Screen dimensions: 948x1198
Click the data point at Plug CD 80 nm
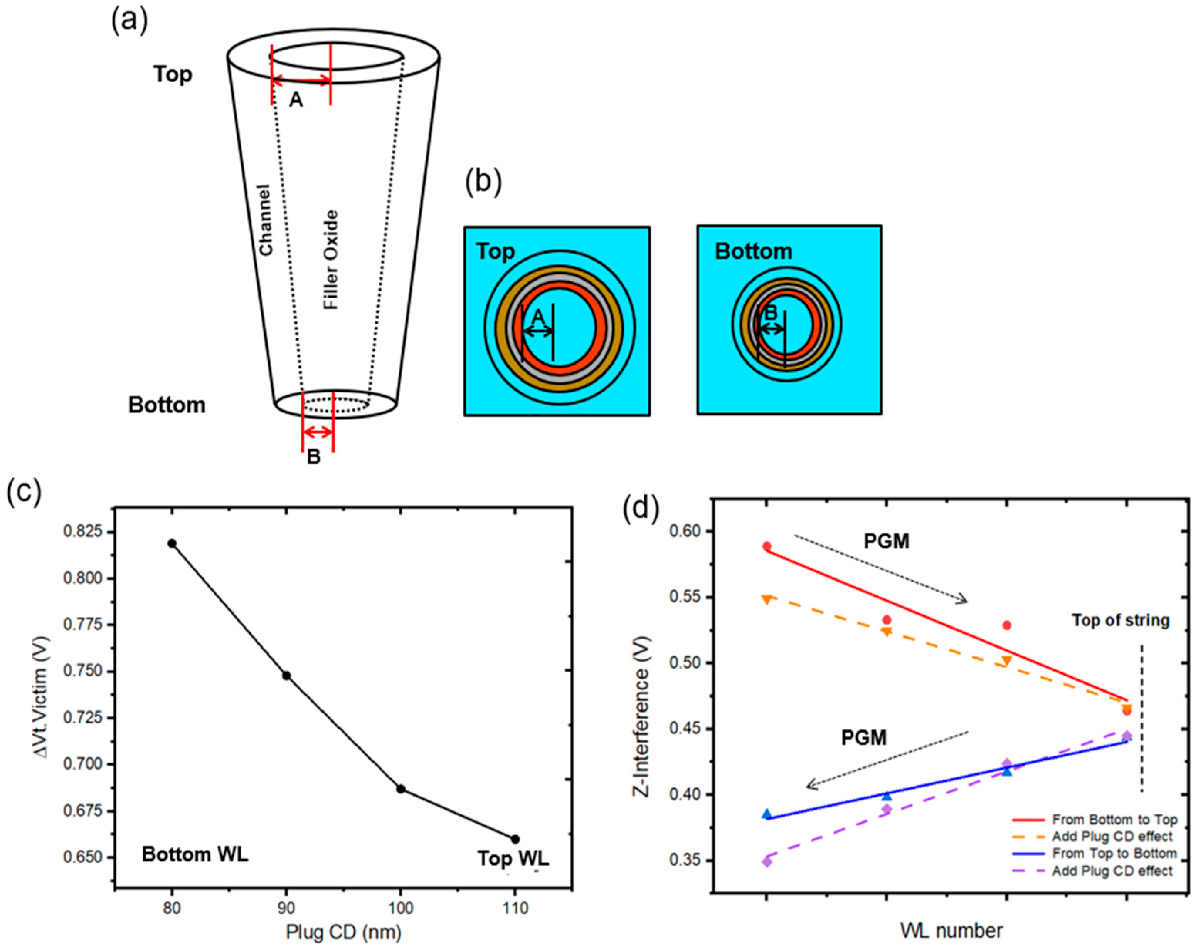[172, 543]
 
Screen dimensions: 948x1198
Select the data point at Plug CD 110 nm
[515, 839]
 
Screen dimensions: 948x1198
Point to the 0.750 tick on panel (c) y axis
[83, 671]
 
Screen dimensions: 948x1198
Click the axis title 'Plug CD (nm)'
[343, 933]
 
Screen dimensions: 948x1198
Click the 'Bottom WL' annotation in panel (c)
[195, 854]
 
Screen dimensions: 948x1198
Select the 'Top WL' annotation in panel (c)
[513, 859]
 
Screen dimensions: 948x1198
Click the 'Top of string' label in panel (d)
[1120, 620]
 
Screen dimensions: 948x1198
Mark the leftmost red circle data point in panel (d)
[767, 547]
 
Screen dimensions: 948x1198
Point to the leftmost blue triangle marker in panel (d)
[767, 814]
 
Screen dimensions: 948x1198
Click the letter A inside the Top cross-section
[537, 318]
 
